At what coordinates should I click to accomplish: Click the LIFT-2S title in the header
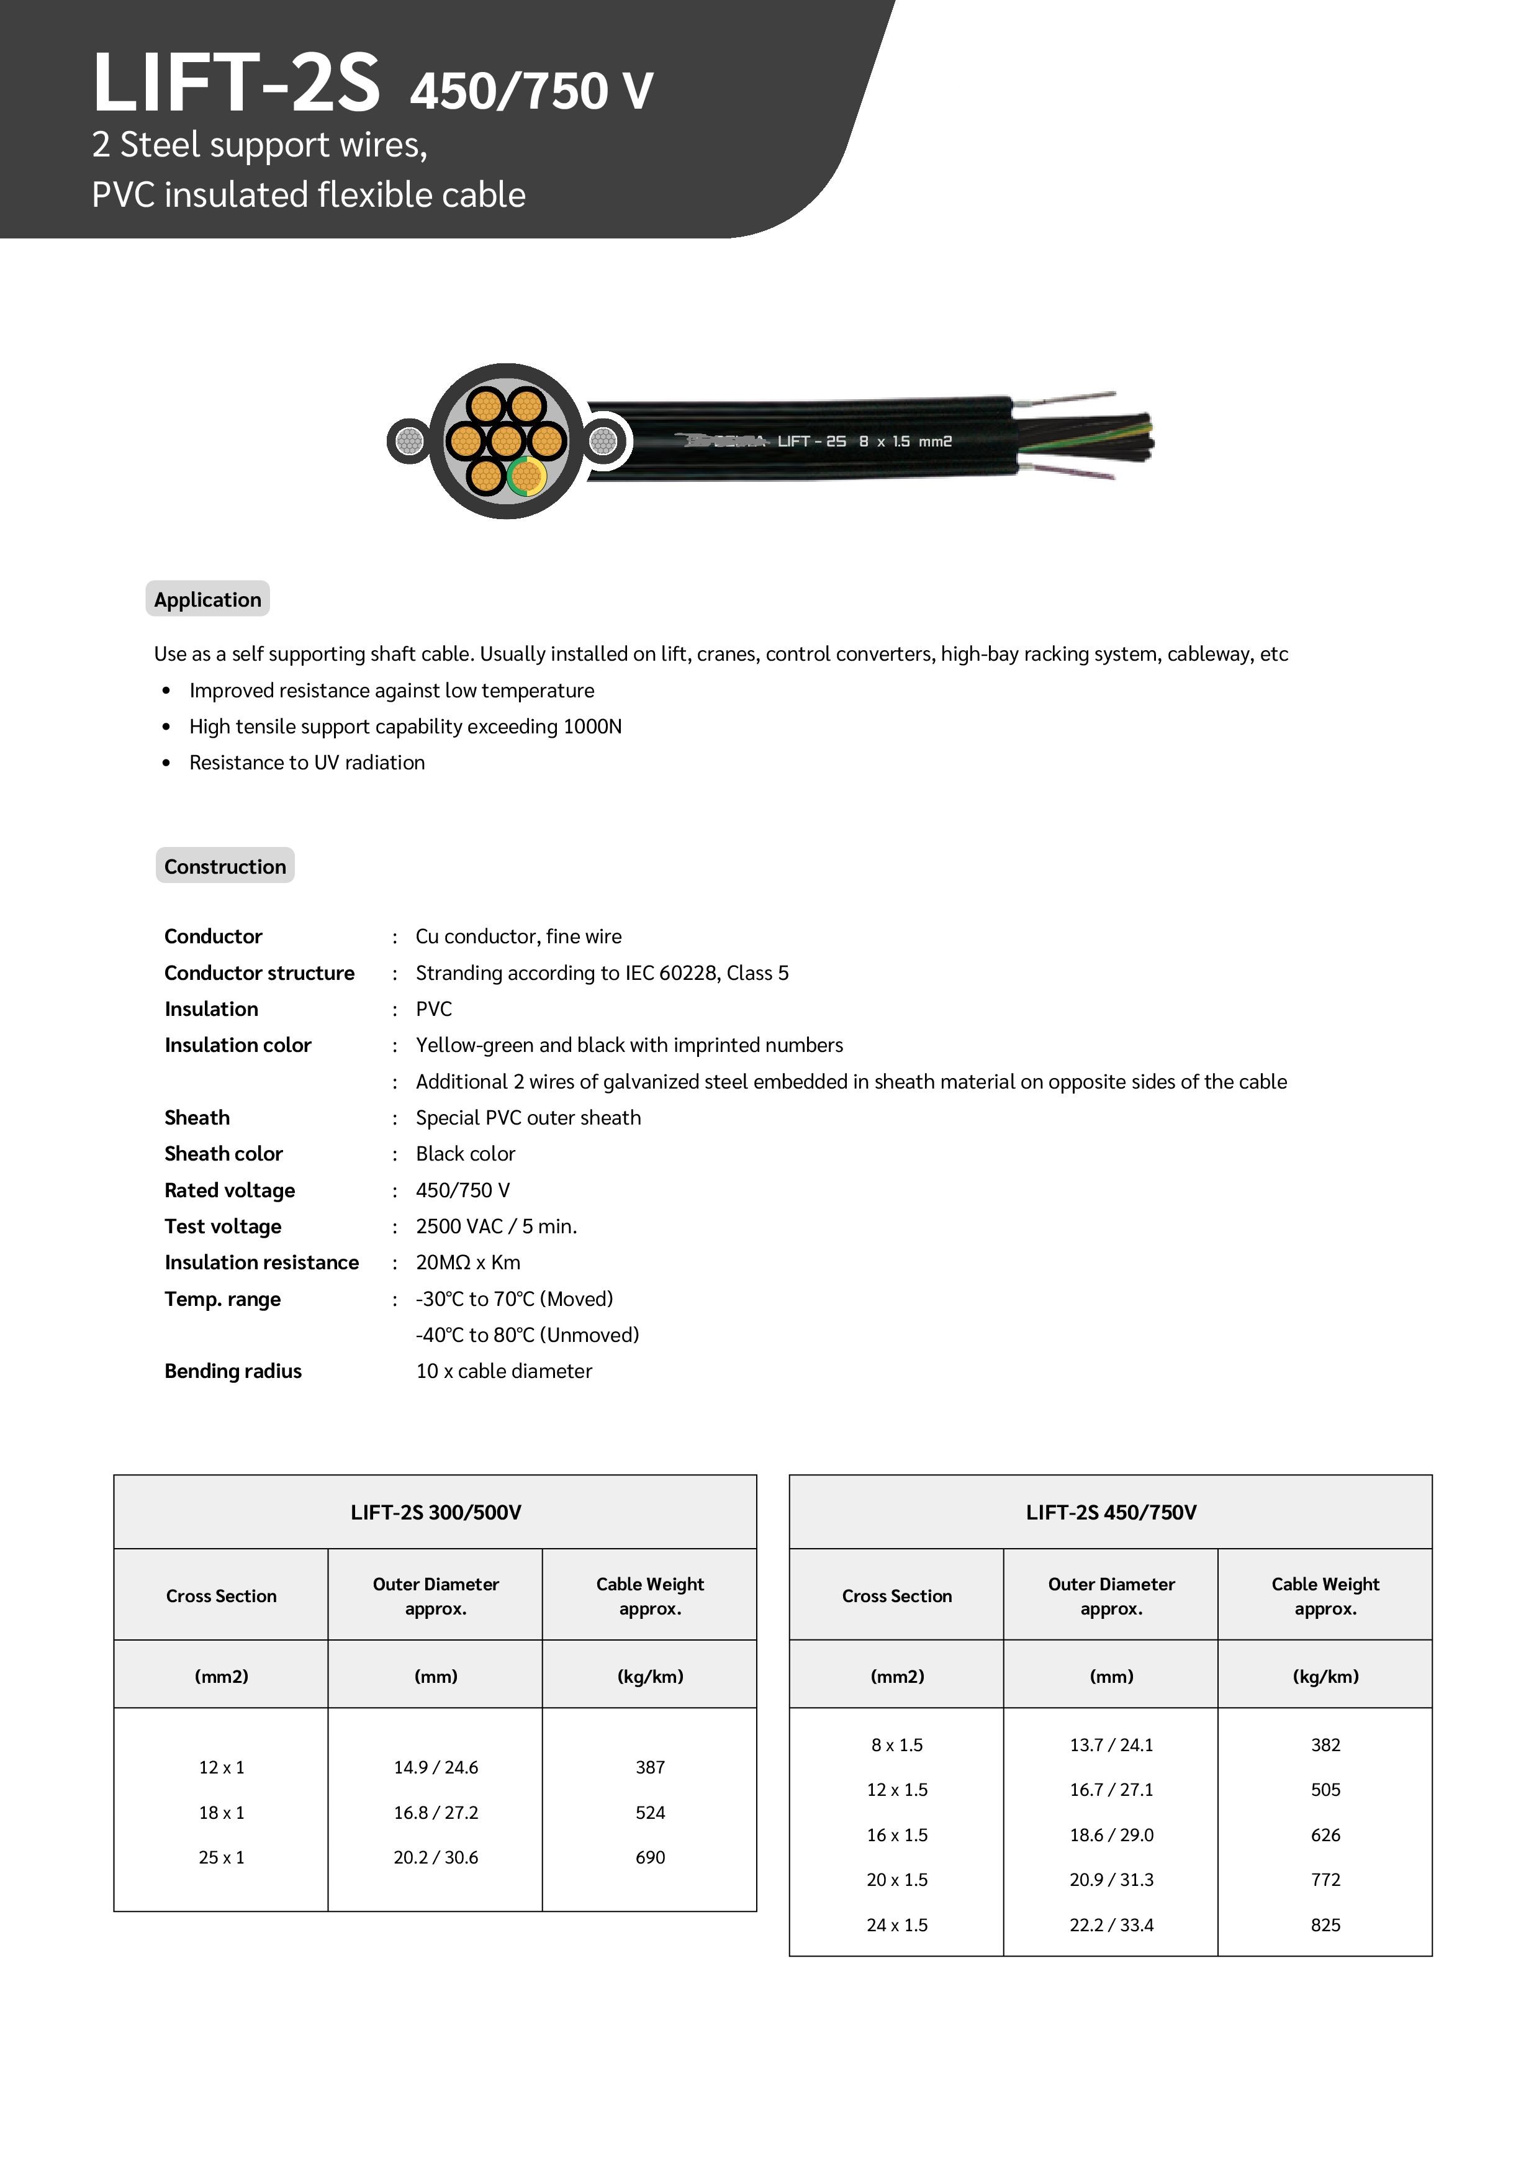(237, 83)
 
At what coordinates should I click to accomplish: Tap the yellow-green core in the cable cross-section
(526, 476)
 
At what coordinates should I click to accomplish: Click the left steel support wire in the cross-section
(409, 442)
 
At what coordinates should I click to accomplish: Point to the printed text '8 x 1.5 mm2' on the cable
(905, 442)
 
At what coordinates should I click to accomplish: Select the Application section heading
(208, 600)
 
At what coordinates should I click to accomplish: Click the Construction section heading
(225, 866)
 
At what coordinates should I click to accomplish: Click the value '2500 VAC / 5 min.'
(496, 1227)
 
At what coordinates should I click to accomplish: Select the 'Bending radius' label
(232, 1371)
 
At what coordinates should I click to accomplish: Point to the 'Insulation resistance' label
(261, 1263)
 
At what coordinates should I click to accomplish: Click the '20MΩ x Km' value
(467, 1263)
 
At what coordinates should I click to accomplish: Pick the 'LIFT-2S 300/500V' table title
(436, 1513)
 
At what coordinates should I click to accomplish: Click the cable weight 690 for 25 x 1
(650, 1857)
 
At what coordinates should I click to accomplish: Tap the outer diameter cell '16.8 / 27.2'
(436, 1813)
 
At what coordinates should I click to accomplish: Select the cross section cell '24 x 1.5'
(896, 1924)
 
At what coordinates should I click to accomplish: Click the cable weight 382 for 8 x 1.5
(1325, 1744)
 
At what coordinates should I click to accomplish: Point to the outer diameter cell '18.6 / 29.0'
(1111, 1834)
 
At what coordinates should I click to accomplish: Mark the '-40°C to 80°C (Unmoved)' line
(526, 1335)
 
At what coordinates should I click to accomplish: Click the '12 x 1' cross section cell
(221, 1767)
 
